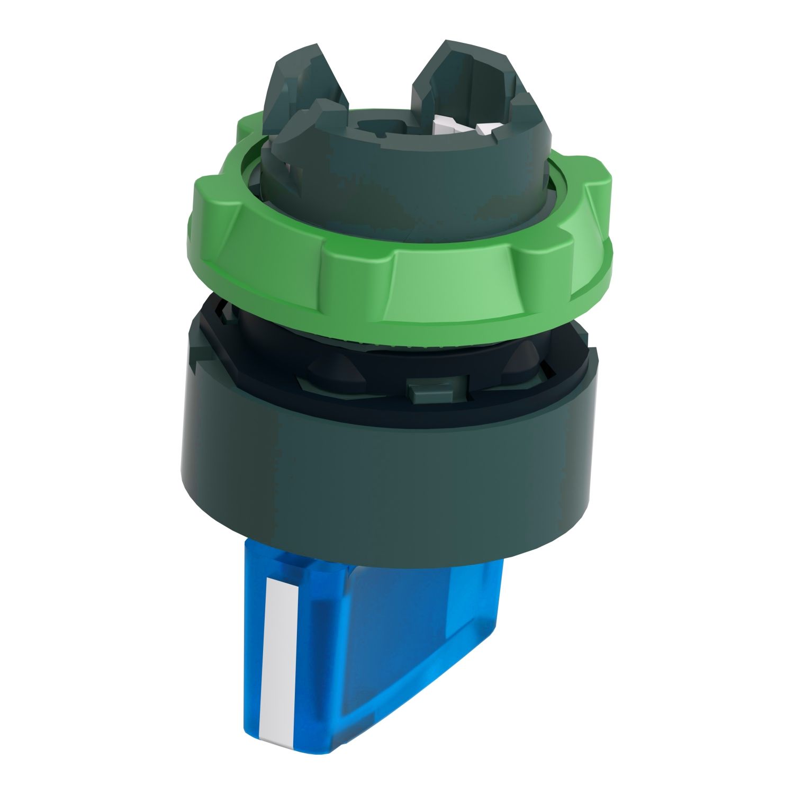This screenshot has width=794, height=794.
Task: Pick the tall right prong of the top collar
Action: pyautogui.click(x=466, y=74)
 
